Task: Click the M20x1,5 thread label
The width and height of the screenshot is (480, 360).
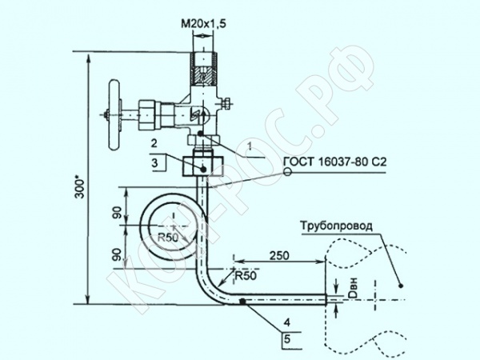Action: click(203, 23)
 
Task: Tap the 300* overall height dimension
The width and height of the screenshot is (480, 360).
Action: click(80, 186)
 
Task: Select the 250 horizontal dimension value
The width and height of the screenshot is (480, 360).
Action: click(279, 255)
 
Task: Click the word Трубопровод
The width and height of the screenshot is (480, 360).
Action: click(337, 226)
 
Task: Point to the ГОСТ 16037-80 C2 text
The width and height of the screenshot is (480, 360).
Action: click(335, 162)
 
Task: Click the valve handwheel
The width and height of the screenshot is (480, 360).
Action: click(114, 115)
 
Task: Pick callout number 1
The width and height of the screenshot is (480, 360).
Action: click(250, 146)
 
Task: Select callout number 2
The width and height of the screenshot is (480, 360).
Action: click(154, 143)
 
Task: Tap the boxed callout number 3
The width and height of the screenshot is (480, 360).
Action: click(155, 162)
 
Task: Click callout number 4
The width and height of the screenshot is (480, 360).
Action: click(287, 322)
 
